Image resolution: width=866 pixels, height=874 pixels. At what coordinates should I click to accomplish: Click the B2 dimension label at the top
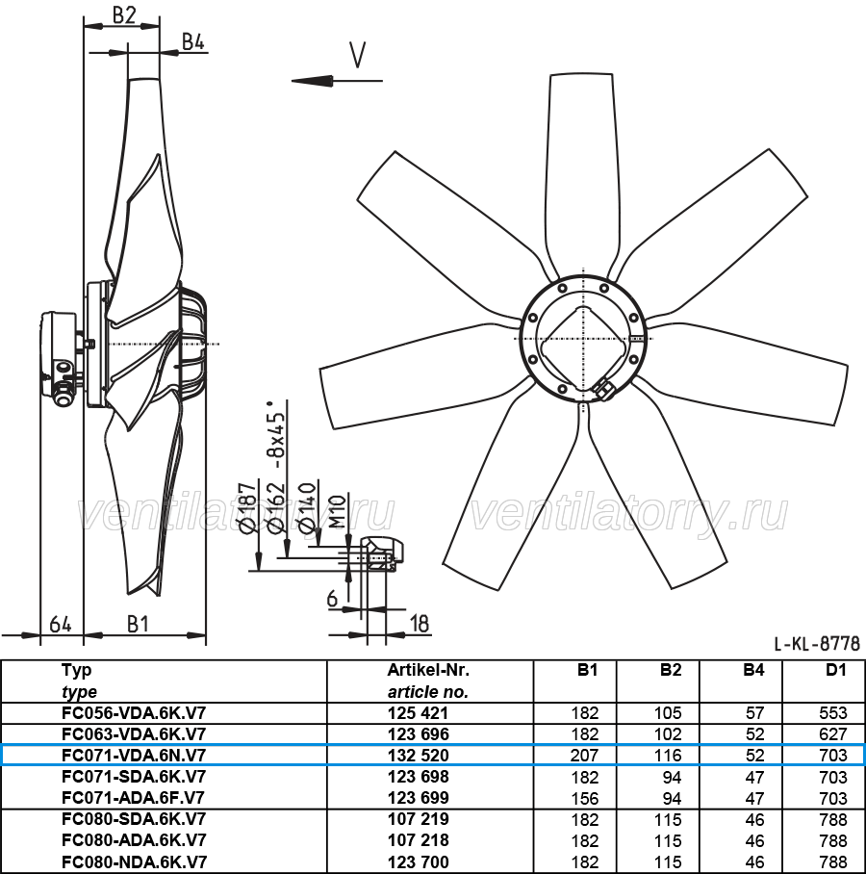[124, 15]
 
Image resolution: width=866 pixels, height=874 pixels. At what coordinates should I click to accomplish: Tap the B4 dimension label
[193, 41]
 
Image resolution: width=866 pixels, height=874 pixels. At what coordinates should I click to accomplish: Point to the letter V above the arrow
[357, 55]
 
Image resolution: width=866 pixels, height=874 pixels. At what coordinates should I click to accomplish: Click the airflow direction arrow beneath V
[337, 81]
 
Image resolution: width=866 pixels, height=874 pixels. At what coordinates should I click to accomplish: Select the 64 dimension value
[61, 624]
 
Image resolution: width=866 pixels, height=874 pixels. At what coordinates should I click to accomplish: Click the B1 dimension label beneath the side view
[138, 624]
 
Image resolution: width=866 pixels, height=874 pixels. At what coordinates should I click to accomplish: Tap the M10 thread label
[337, 512]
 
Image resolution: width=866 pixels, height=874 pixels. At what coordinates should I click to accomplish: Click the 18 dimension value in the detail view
[420, 624]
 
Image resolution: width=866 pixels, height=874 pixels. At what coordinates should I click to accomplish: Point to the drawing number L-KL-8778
[817, 644]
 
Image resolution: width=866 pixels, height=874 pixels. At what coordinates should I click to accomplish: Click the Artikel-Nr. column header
[428, 669]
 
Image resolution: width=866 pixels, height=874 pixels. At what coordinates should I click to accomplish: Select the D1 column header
[835, 669]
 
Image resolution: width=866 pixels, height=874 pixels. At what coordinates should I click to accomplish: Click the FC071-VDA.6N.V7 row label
[134, 755]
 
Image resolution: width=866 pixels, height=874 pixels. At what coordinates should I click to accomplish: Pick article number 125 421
[418, 713]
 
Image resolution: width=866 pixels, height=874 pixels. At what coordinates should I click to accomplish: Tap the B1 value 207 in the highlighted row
[584, 755]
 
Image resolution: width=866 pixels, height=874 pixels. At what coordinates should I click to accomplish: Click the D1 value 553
[833, 713]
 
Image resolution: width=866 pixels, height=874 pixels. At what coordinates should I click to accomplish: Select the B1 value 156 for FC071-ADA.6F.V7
[584, 798]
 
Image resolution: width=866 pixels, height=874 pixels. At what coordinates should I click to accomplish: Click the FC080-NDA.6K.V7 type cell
[134, 861]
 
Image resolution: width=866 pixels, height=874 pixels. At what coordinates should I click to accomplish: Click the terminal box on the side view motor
[59, 358]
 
